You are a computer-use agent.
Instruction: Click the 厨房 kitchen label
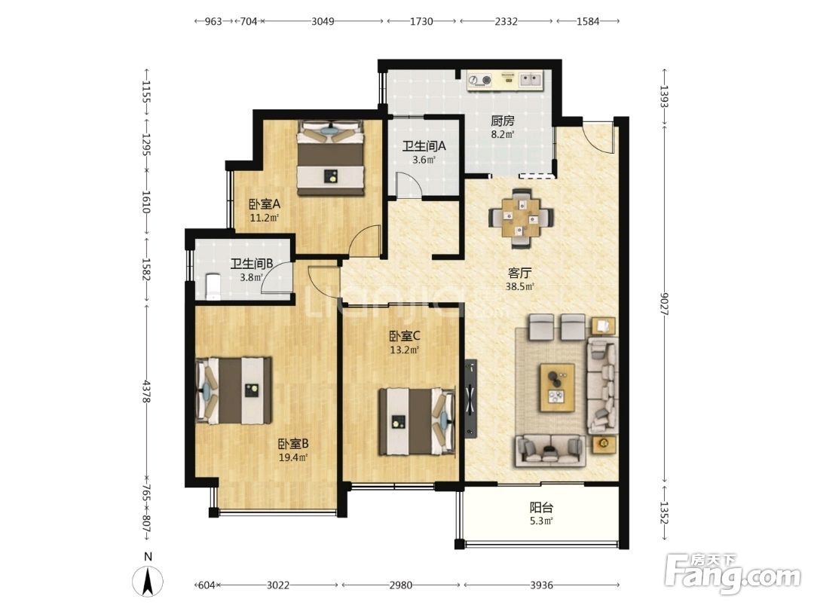coord(503,121)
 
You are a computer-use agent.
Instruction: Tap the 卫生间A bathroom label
coord(424,146)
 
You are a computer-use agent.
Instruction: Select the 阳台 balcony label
coord(541,508)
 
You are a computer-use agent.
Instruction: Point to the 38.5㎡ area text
coord(519,286)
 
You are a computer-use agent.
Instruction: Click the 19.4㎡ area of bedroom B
coord(293,457)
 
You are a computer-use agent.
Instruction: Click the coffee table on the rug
coord(557,387)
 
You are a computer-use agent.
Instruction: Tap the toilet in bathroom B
coord(213,286)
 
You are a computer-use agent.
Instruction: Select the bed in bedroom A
coord(329,157)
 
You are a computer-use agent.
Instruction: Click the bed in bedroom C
coord(417,421)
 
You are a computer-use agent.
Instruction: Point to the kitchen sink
coord(531,79)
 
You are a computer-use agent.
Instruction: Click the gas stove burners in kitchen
coord(479,80)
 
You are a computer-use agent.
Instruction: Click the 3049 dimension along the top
coord(323,21)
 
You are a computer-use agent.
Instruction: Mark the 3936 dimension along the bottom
coord(541,585)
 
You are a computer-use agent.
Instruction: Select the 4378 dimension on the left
coord(147,391)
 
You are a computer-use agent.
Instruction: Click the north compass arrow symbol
coord(148,581)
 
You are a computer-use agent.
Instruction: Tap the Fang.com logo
coord(733,573)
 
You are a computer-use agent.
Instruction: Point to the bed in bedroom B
coord(234,390)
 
